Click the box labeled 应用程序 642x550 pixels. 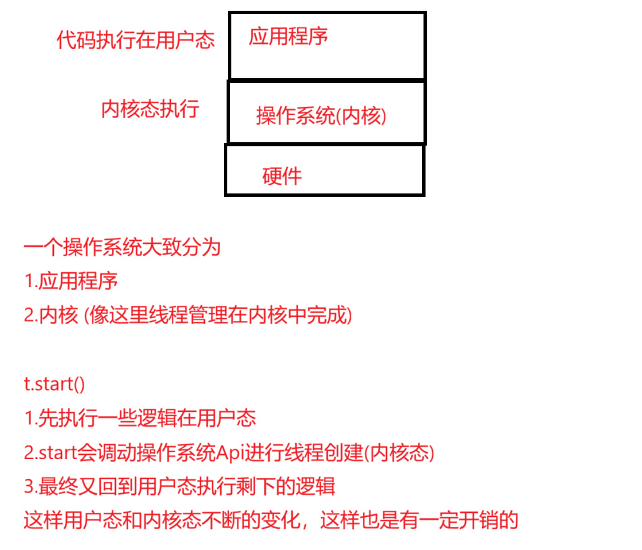327,46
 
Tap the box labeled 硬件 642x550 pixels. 324,170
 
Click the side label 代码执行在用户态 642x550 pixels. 136,40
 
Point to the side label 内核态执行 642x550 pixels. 150,109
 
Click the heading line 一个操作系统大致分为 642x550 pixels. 122,247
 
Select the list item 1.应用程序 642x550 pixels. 71,281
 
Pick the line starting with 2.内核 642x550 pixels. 187,315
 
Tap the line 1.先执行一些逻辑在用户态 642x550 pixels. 140,418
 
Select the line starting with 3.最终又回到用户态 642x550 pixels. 179,486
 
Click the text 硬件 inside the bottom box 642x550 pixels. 282,177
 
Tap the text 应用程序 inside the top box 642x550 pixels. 288,36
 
